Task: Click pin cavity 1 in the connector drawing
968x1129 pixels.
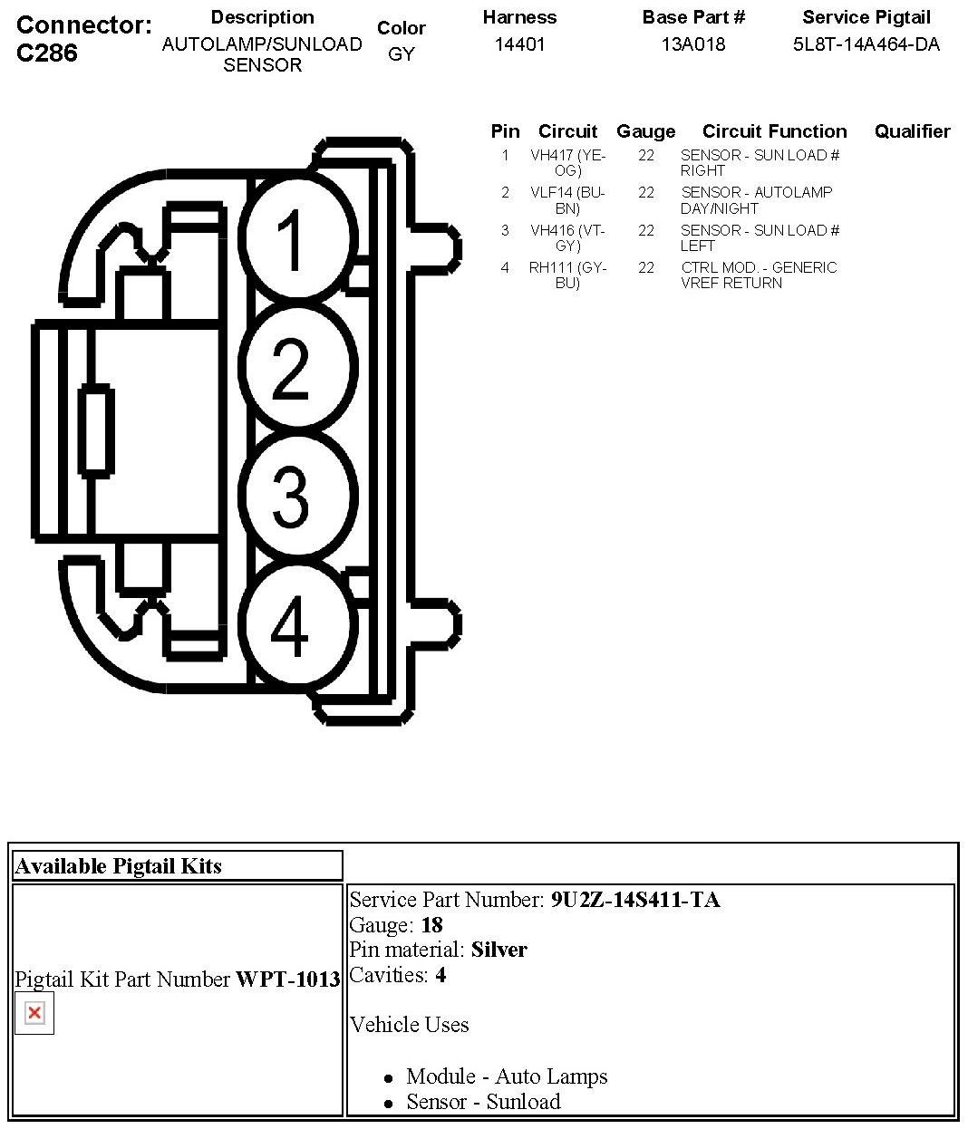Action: click(292, 239)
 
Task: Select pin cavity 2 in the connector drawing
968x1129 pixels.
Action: click(292, 368)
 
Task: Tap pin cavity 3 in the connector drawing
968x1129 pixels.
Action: click(292, 496)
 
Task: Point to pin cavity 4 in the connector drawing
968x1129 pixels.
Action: click(292, 625)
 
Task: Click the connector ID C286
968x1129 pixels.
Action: click(47, 53)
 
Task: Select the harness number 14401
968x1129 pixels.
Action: click(519, 44)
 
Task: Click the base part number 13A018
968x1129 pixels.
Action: click(693, 44)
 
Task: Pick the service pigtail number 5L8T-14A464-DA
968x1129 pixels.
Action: click(866, 44)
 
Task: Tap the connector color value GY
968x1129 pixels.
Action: click(401, 54)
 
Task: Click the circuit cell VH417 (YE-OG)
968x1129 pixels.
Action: click(567, 163)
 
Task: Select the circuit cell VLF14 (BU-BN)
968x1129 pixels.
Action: click(567, 200)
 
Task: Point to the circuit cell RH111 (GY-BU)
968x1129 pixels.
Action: click(567, 275)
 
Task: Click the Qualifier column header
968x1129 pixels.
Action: click(912, 131)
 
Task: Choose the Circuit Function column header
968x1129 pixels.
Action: click(774, 131)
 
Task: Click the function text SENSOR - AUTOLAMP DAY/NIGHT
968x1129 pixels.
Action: click(756, 200)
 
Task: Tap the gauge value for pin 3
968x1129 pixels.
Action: click(646, 230)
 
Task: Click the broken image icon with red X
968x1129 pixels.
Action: click(34, 1013)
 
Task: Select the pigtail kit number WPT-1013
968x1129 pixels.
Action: click(287, 979)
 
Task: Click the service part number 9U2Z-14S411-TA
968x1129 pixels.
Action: click(635, 900)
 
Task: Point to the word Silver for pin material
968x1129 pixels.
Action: click(499, 950)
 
